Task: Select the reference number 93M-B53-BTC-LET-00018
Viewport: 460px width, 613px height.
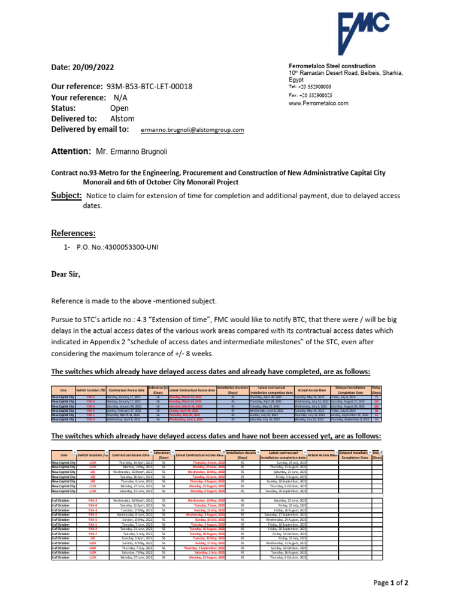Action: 149,87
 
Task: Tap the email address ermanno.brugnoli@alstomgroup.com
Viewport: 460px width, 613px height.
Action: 192,130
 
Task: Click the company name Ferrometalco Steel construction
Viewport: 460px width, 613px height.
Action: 332,66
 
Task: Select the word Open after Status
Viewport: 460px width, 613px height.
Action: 120,108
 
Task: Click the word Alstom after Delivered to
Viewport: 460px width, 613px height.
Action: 123,119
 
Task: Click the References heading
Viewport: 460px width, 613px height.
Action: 73,233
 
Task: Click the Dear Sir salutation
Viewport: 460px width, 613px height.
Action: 65,274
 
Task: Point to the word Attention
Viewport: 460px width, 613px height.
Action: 71,153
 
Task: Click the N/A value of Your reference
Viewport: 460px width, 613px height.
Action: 120,98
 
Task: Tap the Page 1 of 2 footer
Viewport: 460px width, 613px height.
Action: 391,582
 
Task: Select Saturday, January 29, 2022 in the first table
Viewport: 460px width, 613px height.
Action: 125,406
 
